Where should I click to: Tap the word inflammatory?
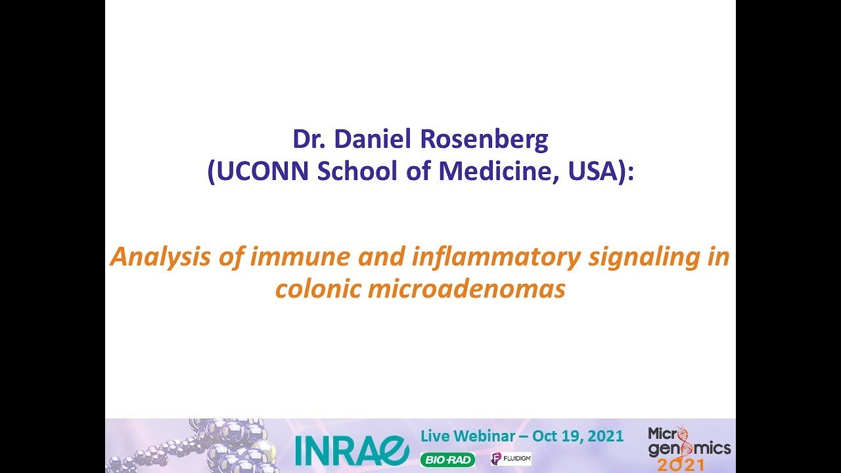[x=496, y=257]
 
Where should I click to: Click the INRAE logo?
[x=352, y=450]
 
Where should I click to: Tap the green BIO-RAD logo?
[x=447, y=460]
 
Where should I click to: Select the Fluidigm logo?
[x=511, y=459]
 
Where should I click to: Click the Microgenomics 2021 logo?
[x=689, y=448]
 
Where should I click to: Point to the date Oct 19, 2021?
[x=578, y=436]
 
